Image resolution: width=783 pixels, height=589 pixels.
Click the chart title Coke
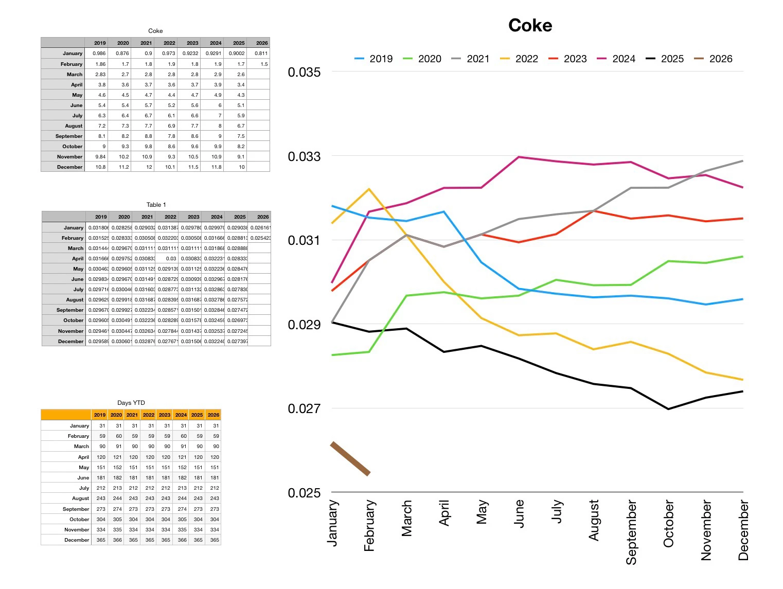point(530,26)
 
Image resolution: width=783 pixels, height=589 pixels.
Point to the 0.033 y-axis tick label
point(304,156)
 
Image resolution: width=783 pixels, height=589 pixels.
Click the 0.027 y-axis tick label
point(304,409)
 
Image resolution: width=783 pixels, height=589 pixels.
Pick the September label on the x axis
point(631,532)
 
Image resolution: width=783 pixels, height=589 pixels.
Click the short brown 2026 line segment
point(350,458)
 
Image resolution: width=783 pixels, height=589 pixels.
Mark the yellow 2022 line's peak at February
point(369,189)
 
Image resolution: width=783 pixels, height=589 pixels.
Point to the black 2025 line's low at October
point(668,409)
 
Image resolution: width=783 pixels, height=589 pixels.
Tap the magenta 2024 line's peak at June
point(519,157)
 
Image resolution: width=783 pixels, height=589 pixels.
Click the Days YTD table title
point(131,403)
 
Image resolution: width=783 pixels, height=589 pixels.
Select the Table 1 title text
point(156,205)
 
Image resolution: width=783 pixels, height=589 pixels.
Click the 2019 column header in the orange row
point(100,415)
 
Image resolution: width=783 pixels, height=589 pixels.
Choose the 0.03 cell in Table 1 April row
point(171,259)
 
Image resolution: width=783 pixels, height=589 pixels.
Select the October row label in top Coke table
point(73,147)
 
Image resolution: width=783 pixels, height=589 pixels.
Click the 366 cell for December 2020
point(117,540)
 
